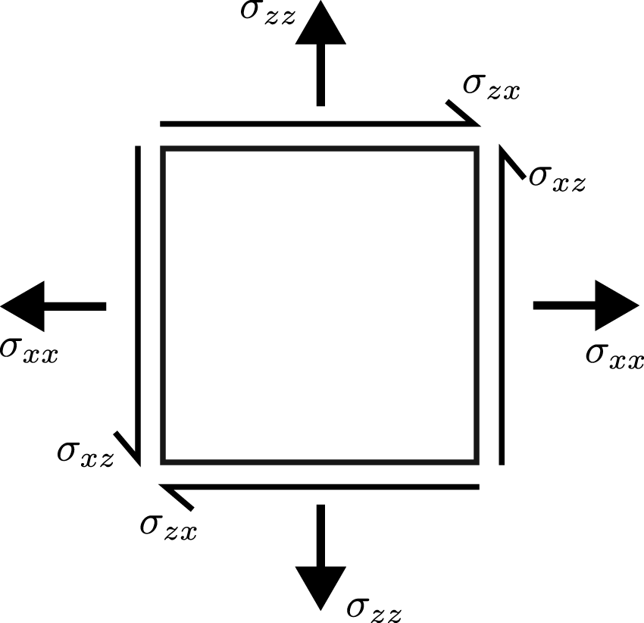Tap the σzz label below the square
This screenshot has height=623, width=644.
tap(374, 606)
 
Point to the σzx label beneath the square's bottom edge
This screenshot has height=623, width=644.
tap(168, 526)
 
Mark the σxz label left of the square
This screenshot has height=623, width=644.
tap(86, 453)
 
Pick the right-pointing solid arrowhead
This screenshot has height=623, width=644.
tap(617, 305)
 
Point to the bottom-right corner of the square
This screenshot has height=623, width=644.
tap(476, 461)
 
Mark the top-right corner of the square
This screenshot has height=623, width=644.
tap(476, 149)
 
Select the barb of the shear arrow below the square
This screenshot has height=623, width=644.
tap(179, 496)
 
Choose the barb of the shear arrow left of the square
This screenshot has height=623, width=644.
tap(127, 446)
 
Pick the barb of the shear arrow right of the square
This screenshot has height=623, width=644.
tap(513, 163)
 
